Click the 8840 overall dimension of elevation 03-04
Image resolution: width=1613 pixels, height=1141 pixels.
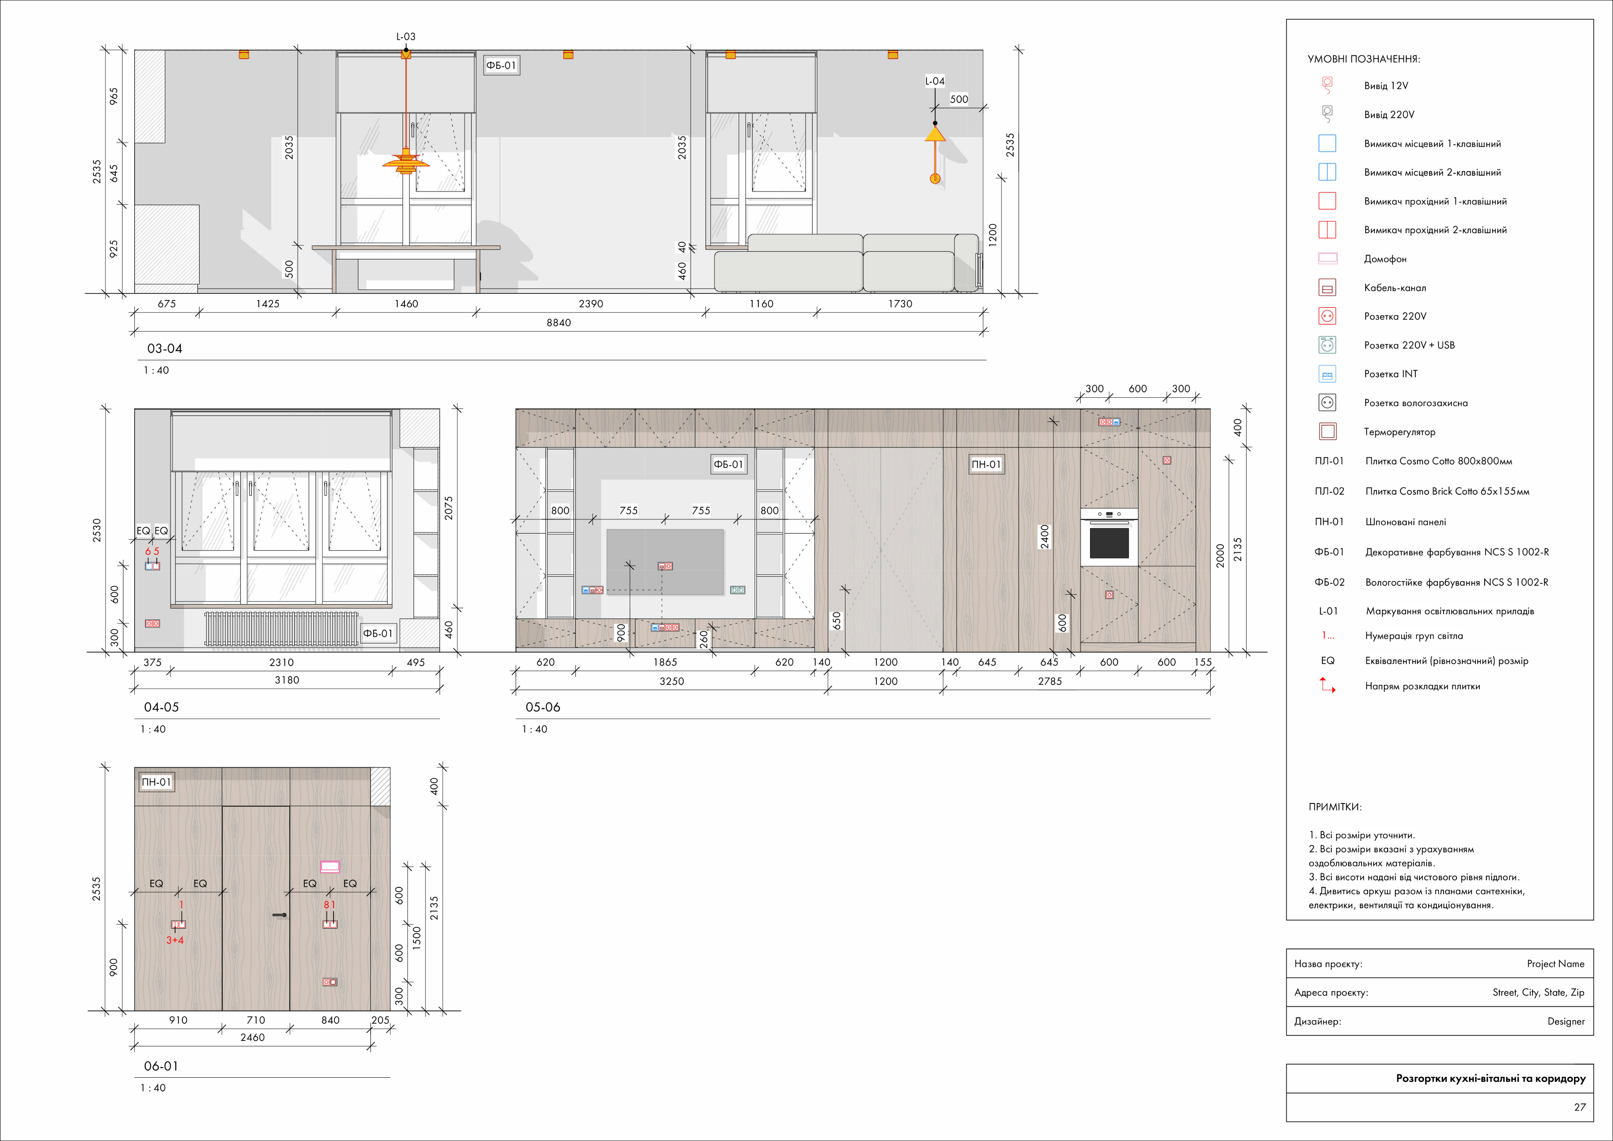tap(558, 323)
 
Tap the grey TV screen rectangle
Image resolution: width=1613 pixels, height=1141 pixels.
tap(665, 562)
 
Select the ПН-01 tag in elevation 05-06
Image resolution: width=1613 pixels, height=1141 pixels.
tap(986, 464)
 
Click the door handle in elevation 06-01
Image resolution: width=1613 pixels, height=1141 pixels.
tap(280, 915)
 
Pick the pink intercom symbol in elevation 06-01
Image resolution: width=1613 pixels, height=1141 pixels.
tap(330, 866)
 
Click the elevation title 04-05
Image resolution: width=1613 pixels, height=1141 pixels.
tap(161, 707)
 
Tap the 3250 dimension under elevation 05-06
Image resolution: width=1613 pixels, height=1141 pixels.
tap(671, 681)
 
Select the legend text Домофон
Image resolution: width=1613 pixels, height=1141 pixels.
tap(1385, 259)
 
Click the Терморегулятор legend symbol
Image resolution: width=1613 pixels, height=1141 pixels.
tap(1327, 431)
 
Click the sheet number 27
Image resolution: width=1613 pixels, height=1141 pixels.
tap(1579, 1107)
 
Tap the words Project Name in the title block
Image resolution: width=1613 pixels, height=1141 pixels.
tap(1556, 964)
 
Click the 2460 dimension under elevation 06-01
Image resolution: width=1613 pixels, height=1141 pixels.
tap(252, 1038)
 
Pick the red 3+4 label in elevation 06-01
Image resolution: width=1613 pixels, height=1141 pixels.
tap(175, 940)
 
